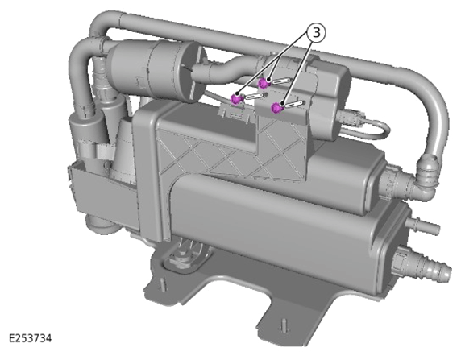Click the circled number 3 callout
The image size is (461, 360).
coord(317,33)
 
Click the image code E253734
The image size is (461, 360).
coord(30,338)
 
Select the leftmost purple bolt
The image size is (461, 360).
coord(235,99)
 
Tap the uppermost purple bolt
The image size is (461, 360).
coord(263,83)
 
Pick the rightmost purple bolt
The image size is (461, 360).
coord(276,108)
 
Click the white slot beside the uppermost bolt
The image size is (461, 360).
coord(280,81)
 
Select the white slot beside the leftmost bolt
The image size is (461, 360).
coord(254,96)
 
